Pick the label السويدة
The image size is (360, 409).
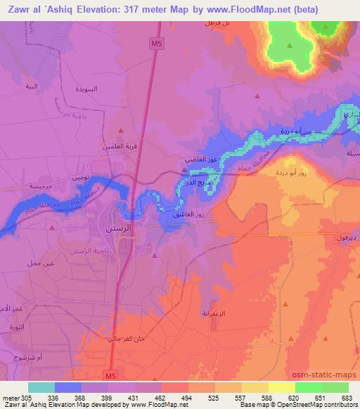(x=91, y=91)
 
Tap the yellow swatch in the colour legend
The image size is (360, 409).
(x=282, y=387)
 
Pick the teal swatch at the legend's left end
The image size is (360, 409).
(x=41, y=387)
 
